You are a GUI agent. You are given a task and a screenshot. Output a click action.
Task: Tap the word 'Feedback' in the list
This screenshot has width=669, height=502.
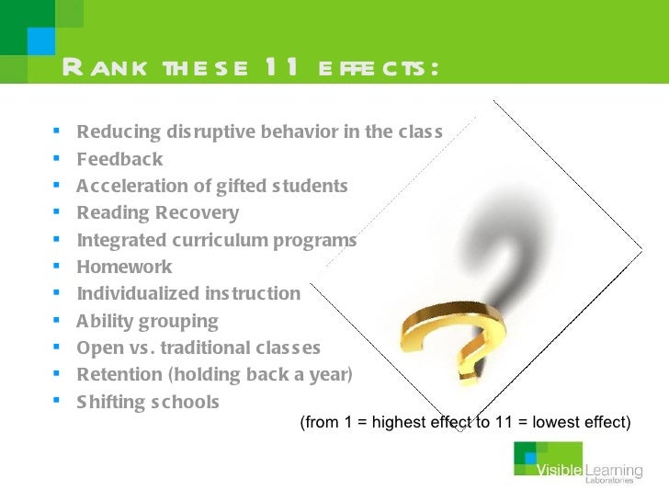click(119, 159)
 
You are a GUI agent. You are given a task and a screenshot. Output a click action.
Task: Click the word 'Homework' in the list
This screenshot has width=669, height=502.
click(124, 268)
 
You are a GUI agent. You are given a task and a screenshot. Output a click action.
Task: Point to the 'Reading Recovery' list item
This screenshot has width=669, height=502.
click(157, 213)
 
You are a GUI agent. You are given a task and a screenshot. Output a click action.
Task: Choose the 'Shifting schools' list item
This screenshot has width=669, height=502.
click(148, 403)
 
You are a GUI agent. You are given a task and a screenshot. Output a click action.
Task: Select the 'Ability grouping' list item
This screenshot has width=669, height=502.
click(147, 322)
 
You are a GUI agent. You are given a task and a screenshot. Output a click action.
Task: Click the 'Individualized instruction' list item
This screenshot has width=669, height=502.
click(188, 294)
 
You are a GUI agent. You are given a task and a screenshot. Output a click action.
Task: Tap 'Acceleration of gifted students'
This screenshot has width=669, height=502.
click(212, 187)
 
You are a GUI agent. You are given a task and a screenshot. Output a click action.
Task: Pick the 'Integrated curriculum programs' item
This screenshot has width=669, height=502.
click(216, 241)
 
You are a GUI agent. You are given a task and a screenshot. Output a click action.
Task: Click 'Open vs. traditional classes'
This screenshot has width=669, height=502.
click(198, 348)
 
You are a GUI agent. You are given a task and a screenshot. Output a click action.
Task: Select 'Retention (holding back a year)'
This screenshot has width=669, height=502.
click(215, 375)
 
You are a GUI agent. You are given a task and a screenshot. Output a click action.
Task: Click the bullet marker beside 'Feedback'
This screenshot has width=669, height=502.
click(57, 159)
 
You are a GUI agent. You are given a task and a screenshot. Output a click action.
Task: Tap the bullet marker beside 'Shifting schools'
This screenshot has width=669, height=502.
click(57, 402)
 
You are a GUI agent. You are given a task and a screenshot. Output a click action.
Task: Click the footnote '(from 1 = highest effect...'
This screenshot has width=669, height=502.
click(465, 423)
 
